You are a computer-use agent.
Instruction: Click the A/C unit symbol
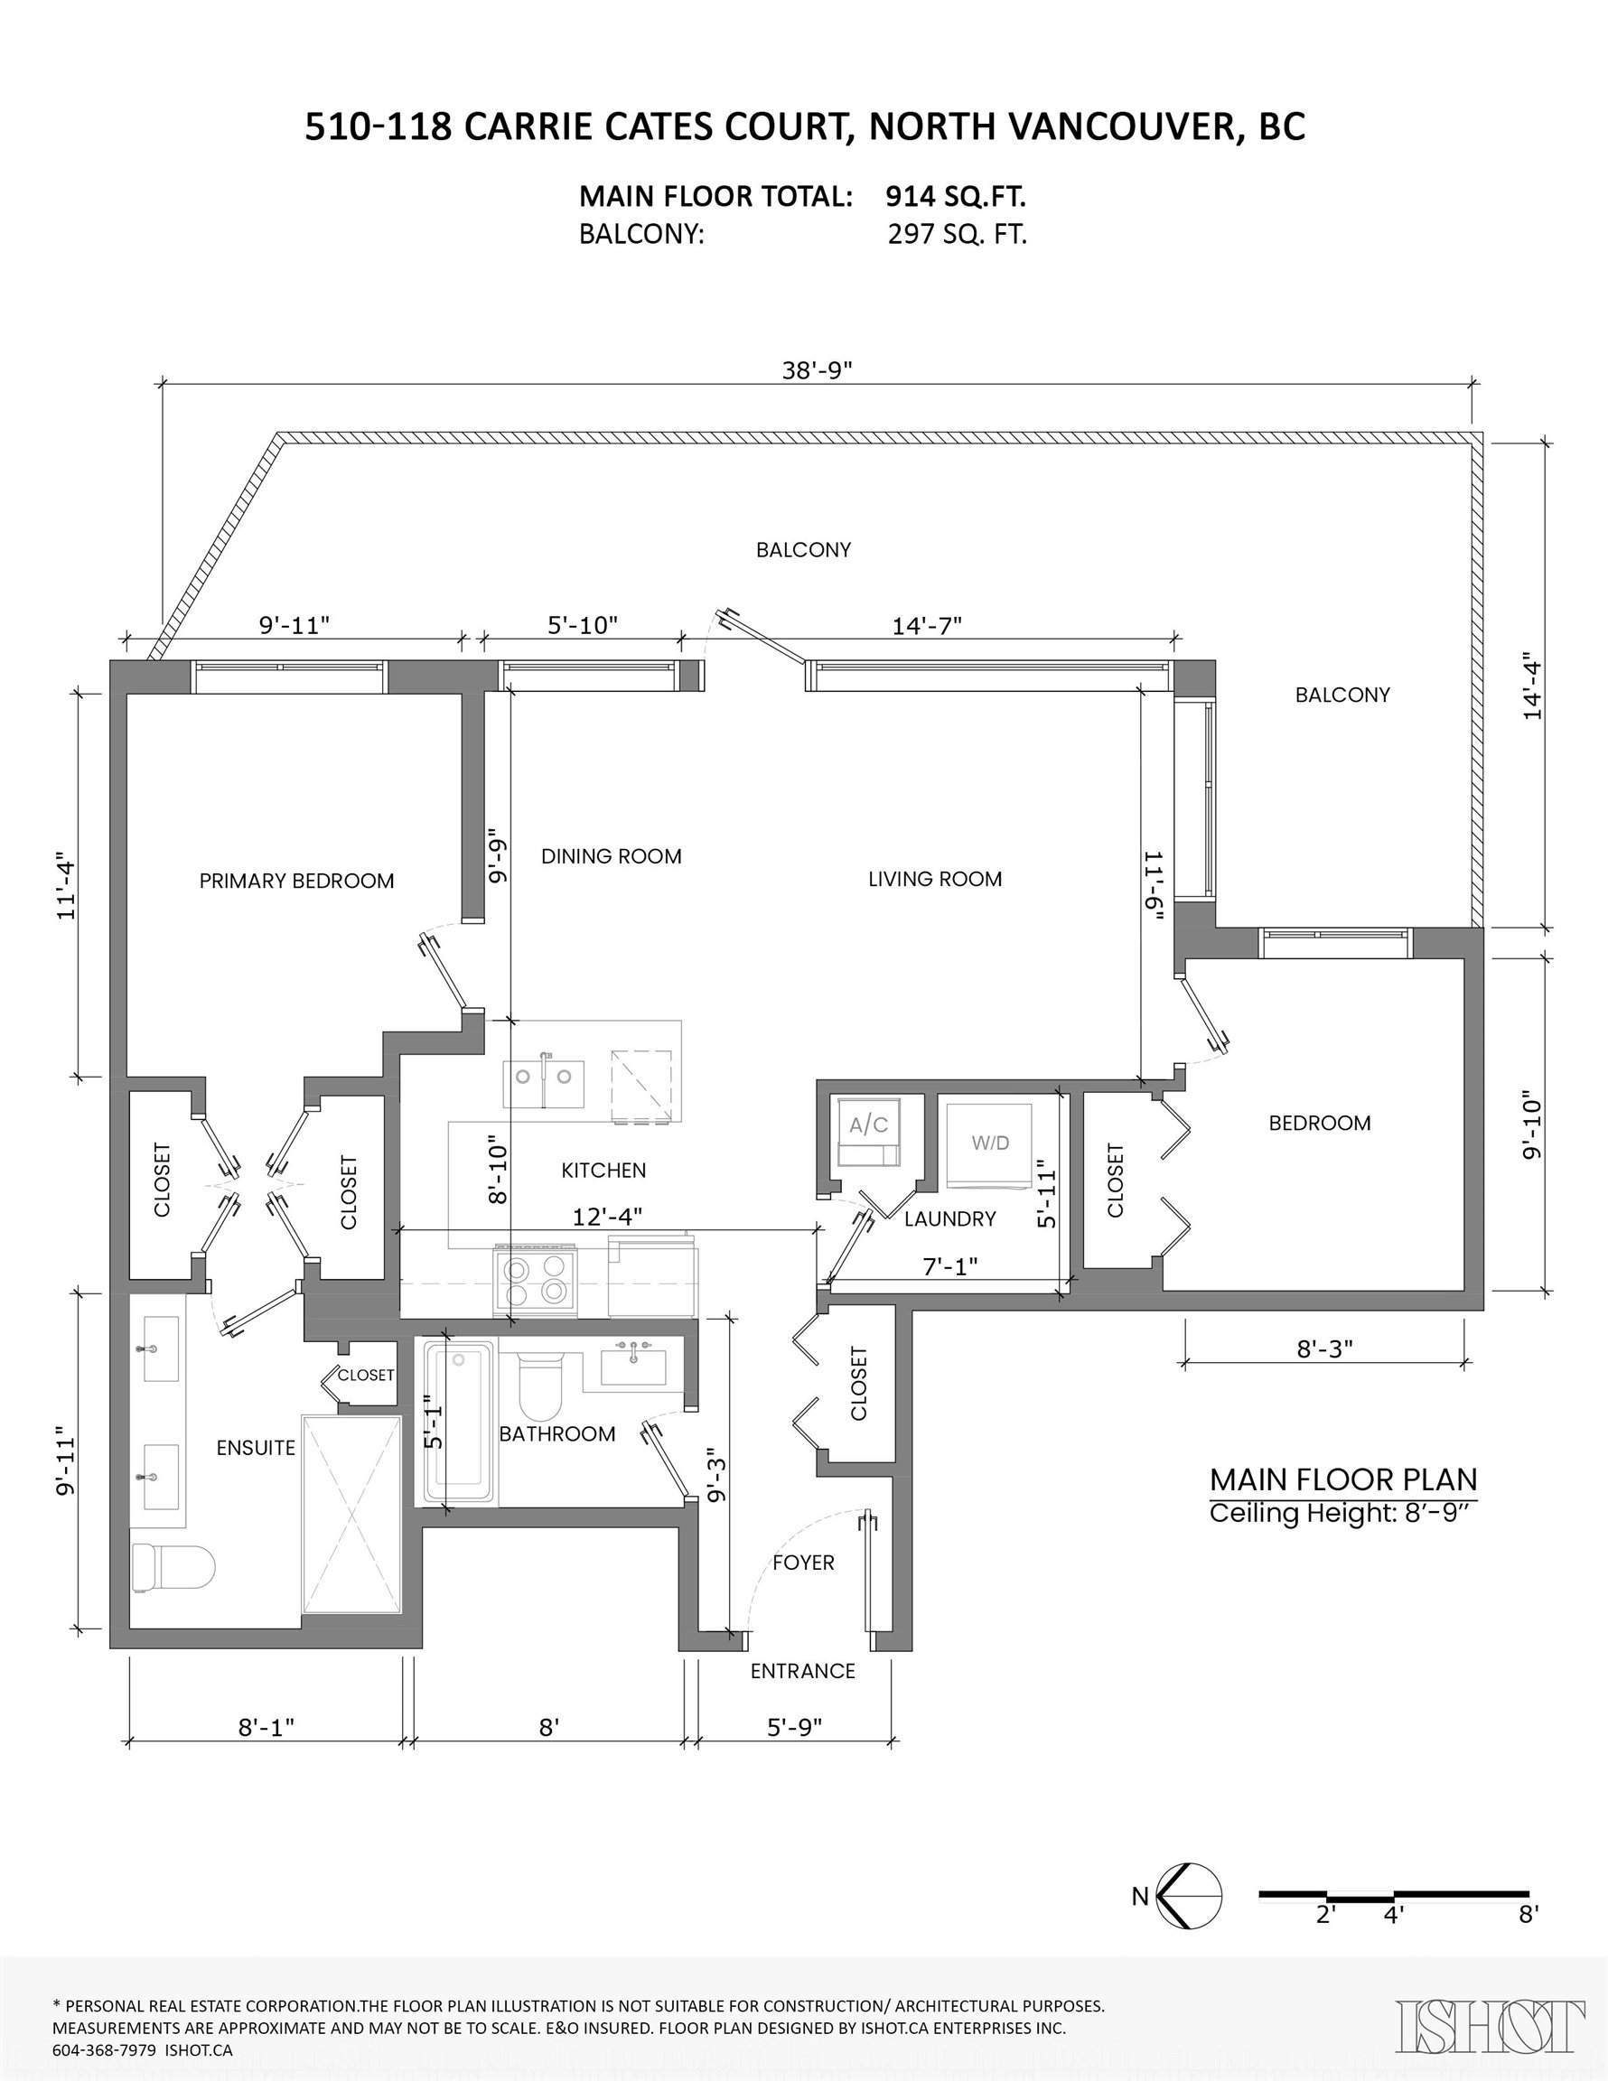pos(868,1132)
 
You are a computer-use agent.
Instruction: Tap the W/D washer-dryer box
pos(990,1146)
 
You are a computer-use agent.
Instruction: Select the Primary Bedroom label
pos(296,882)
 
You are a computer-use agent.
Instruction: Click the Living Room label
pos(935,880)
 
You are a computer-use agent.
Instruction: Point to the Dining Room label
pos(612,856)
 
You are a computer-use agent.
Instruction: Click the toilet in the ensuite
pos(173,1567)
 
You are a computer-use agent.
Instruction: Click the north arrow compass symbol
pos(1190,1897)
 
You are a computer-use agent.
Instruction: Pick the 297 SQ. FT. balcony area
pos(957,235)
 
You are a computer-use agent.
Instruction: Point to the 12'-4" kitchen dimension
pos(607,1217)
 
